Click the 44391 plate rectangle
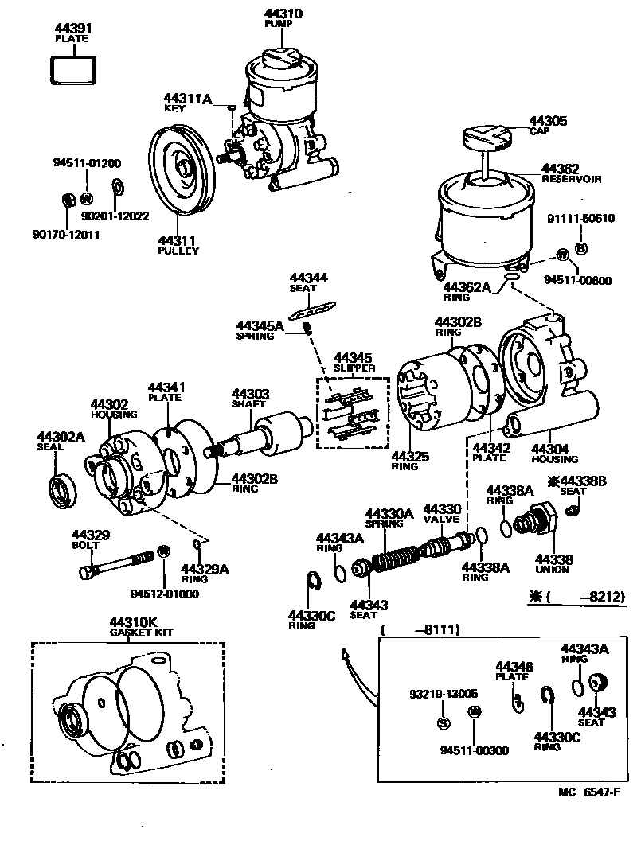click(73, 68)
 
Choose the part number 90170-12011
click(65, 235)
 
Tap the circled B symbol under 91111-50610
click(580, 249)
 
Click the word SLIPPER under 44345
click(354, 368)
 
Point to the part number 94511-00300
click(475, 750)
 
